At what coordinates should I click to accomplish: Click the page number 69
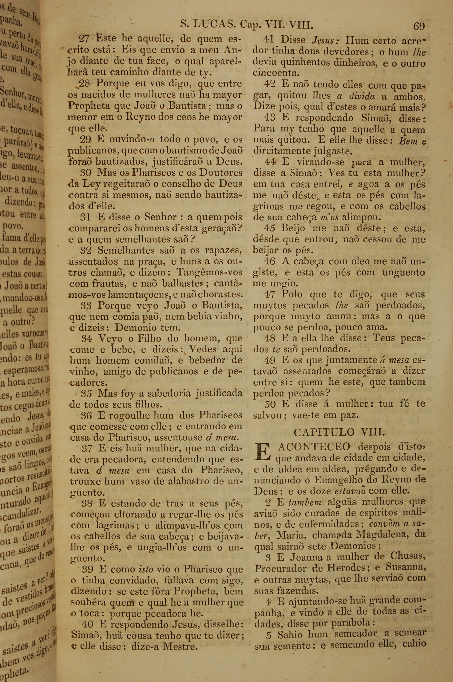[419, 26]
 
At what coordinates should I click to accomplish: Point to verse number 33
[86, 305]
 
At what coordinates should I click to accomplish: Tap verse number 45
[270, 228]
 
